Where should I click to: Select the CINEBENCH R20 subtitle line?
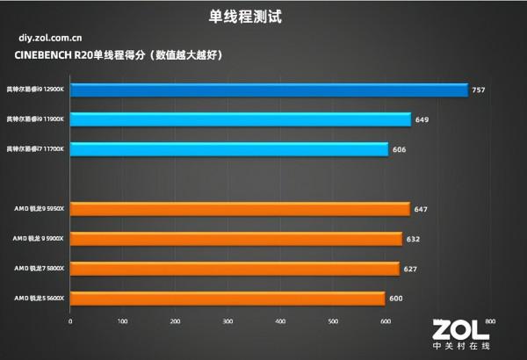(x=119, y=54)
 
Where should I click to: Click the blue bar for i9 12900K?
(x=268, y=90)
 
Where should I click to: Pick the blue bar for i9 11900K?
(x=240, y=119)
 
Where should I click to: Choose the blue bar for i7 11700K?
(x=228, y=149)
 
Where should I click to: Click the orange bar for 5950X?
(x=240, y=209)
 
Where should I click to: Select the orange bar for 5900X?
(x=235, y=239)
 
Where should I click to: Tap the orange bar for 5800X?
(x=235, y=269)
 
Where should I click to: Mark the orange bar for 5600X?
(x=227, y=299)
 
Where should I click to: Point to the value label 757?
(x=478, y=90)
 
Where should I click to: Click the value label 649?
(x=422, y=119)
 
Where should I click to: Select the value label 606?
(x=399, y=149)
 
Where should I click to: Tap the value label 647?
(x=421, y=209)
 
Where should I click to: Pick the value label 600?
(x=396, y=299)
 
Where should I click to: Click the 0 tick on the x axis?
(x=70, y=321)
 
